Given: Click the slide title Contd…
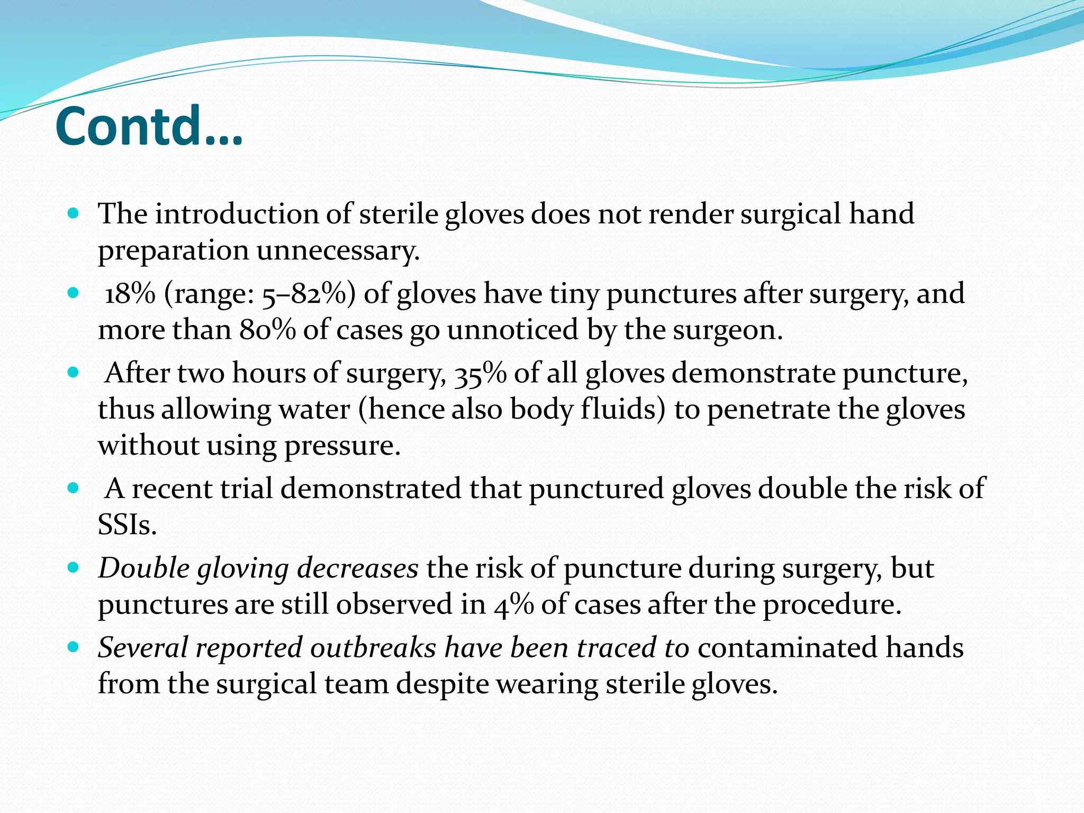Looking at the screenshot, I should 149,127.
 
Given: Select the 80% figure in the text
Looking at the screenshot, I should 267,330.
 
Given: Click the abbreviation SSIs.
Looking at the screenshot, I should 127,525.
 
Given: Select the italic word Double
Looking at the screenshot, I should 143,569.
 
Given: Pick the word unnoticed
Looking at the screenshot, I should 512,330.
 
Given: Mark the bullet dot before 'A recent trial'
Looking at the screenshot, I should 74,488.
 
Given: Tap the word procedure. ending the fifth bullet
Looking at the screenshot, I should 832,605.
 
